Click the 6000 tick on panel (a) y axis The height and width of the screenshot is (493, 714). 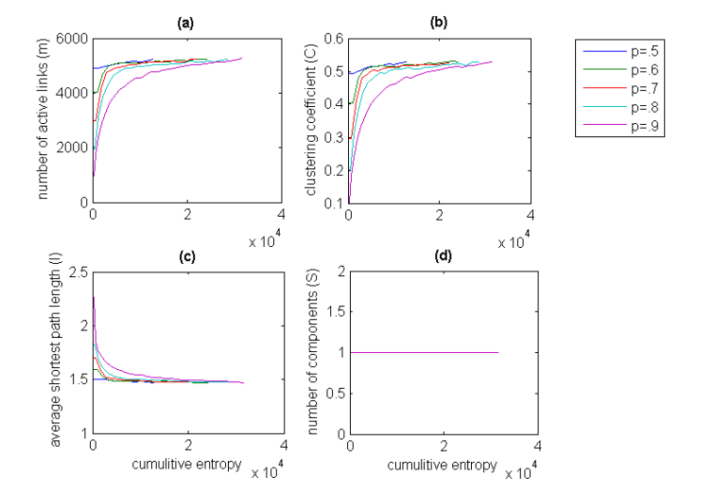pyautogui.click(x=75, y=39)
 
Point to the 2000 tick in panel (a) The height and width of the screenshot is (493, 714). pyautogui.click(x=75, y=149)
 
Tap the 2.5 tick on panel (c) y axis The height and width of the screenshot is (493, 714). pyautogui.click(x=78, y=273)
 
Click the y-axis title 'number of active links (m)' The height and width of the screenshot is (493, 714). pyautogui.click(x=44, y=121)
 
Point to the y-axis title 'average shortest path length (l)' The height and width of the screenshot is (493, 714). pyautogui.click(x=44, y=353)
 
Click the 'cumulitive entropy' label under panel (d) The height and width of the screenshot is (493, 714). pyautogui.click(x=444, y=465)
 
